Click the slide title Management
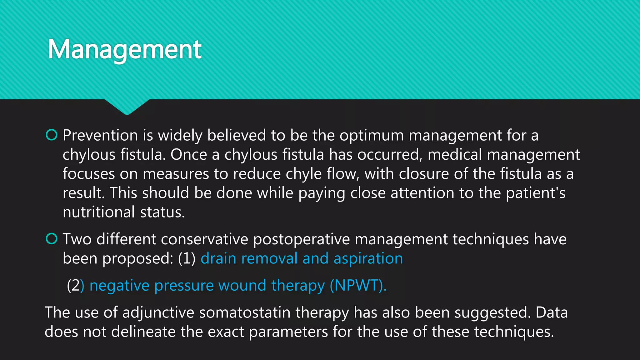click(x=125, y=49)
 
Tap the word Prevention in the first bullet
click(x=100, y=136)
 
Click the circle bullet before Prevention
click(x=52, y=135)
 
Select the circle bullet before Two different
click(x=52, y=239)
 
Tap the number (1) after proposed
click(x=187, y=259)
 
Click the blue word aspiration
click(x=368, y=259)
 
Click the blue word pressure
click(x=184, y=286)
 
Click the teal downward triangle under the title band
click(x=127, y=107)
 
